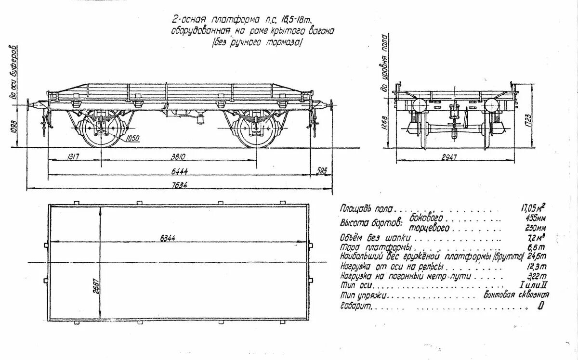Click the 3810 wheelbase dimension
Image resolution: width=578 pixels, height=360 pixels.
178,156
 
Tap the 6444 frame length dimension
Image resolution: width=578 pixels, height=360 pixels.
179,170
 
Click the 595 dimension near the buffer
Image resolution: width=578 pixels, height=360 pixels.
322,170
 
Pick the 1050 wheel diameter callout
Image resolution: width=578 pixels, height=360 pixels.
133,139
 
